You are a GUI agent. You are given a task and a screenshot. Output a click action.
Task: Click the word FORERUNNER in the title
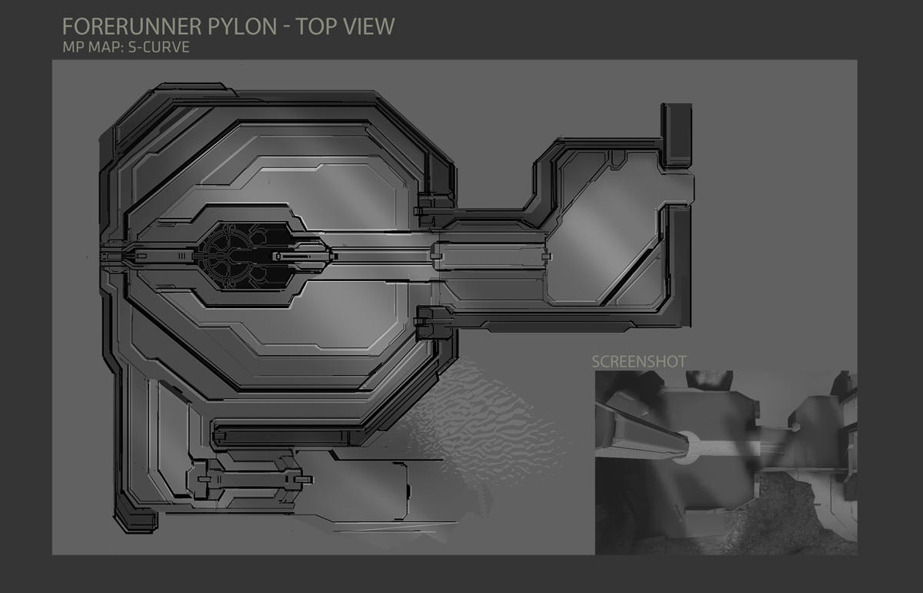[x=132, y=26]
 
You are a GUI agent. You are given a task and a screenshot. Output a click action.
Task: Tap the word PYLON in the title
[x=242, y=26]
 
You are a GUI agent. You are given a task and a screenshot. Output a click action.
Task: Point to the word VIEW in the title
[x=369, y=26]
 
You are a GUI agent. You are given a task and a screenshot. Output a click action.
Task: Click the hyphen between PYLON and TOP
[x=286, y=28]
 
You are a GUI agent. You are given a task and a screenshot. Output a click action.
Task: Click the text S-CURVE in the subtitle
[x=159, y=47]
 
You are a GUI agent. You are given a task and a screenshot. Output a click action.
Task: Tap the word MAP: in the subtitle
[x=105, y=47]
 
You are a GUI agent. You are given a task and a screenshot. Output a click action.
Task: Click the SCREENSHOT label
[x=638, y=361]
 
